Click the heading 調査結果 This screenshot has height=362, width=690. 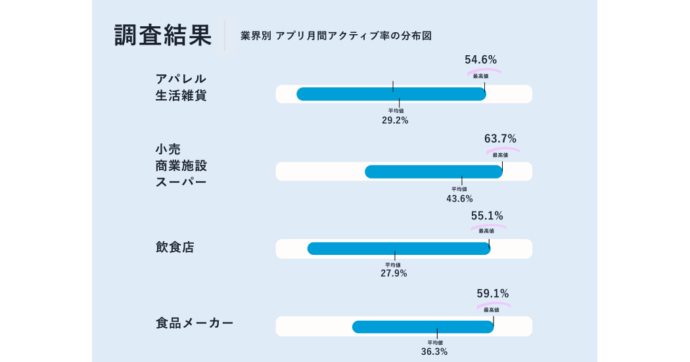pos(163,35)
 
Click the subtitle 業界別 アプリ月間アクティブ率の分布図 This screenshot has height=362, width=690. pos(336,35)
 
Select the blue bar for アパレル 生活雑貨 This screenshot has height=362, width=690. pos(391,94)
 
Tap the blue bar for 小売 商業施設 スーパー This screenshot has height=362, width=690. pos(434,171)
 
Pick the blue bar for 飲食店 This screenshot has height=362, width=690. pos(399,248)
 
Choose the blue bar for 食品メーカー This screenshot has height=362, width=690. pos(423,327)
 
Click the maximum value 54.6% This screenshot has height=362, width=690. pos(480,59)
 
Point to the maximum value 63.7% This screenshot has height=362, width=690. pos(500,139)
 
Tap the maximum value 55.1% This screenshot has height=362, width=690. pos(487,215)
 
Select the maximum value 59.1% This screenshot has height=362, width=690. pos(493,294)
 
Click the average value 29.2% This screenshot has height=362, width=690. pos(395,120)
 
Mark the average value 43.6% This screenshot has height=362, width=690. pos(459,199)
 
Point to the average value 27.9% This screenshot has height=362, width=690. pos(394,273)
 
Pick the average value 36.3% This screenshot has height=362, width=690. pos(434,352)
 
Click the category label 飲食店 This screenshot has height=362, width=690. pos(175,247)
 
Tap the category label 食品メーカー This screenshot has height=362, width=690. pos(195,323)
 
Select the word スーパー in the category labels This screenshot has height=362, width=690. pos(181,182)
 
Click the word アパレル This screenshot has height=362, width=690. pos(181,79)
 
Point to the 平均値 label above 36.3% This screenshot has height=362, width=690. pos(435,343)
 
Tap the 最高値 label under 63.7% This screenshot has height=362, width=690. pos(500,155)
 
